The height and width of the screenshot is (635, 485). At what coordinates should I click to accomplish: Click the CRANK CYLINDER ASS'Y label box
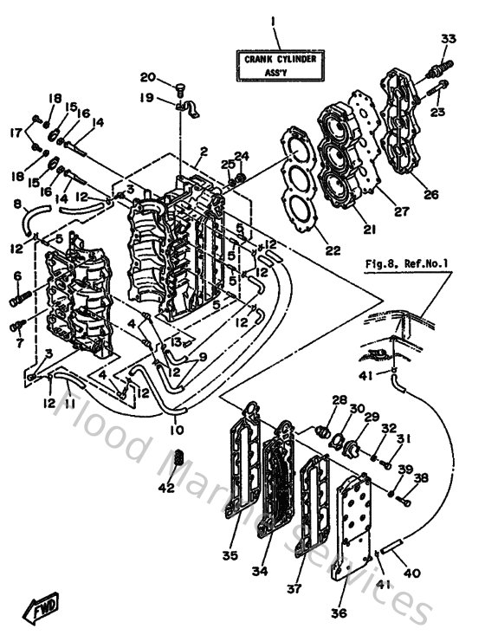point(279,64)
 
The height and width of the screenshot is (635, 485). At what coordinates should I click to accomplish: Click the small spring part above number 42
point(180,457)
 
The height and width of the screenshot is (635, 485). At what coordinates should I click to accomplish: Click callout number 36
point(339,613)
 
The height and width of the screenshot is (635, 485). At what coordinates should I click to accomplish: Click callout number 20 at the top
point(147,76)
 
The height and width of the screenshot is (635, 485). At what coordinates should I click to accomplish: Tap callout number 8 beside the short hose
point(16,205)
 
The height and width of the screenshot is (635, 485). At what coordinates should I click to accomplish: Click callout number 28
point(339,399)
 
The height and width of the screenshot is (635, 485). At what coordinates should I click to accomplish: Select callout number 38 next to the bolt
point(421,477)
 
